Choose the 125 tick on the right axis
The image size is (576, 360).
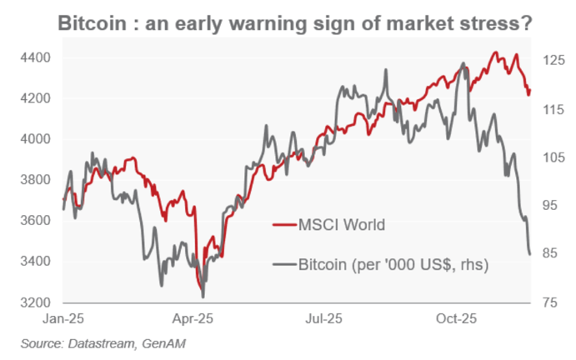coord(552,60)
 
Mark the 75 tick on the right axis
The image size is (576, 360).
coord(548,302)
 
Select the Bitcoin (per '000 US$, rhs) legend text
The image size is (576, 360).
coord(393,264)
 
